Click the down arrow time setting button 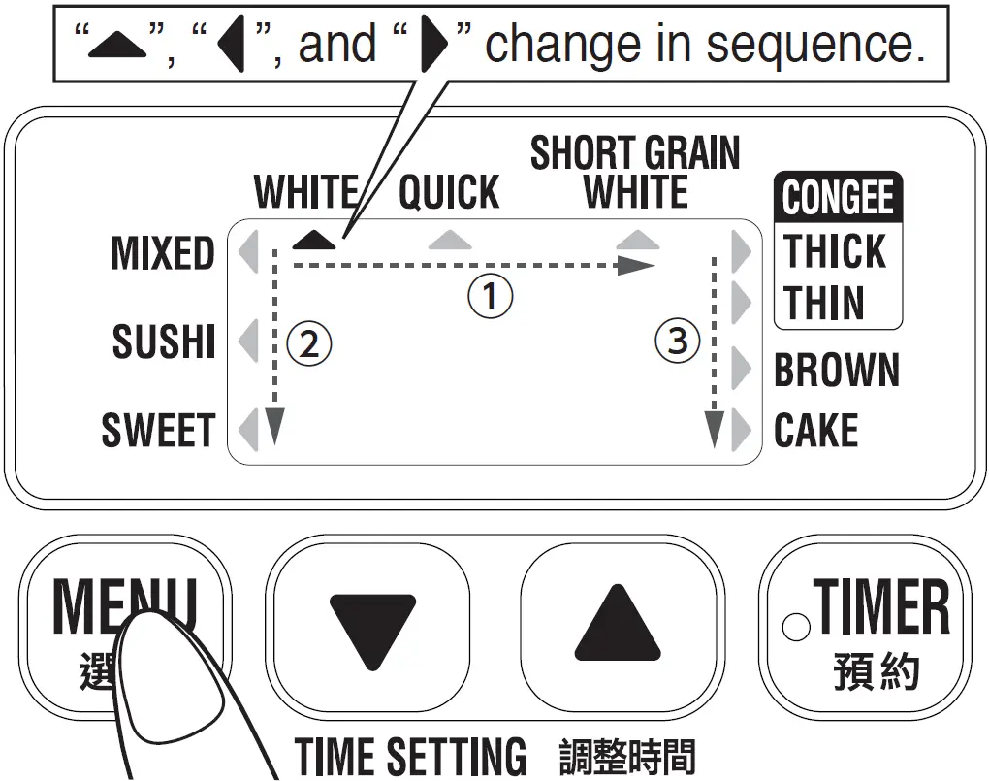point(370,629)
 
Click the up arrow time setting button point(618,629)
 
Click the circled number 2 point(308,343)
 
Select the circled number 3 point(677,341)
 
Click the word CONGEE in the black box point(838,198)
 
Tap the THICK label point(835,252)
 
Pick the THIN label point(825,303)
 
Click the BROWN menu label point(837,371)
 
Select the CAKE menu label point(815,431)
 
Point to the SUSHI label point(164,342)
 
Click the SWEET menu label point(158,431)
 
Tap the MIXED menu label point(163,253)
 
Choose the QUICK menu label point(449,193)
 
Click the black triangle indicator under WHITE point(314,239)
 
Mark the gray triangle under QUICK point(449,239)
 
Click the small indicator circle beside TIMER point(795,627)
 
